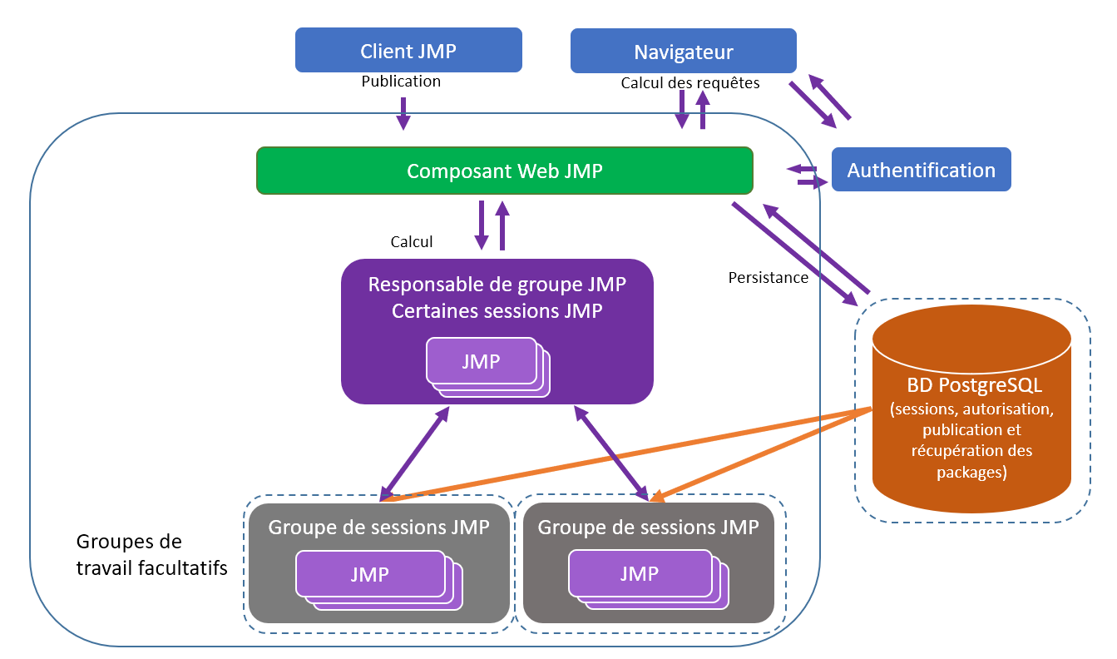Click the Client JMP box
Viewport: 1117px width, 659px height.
(408, 50)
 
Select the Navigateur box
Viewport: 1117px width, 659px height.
(683, 52)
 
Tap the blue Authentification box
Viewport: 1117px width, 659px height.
(921, 170)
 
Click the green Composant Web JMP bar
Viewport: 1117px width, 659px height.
(504, 171)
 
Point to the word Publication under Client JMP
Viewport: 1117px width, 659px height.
(401, 82)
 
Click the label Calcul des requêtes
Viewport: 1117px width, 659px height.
(689, 83)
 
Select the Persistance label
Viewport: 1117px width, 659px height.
(768, 278)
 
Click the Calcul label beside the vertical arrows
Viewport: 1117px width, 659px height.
(412, 242)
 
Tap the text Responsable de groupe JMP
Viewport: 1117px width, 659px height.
(497, 285)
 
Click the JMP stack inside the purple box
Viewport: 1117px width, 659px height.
(482, 361)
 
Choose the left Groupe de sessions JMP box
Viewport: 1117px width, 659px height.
(378, 527)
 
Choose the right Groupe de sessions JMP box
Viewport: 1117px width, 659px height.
(648, 527)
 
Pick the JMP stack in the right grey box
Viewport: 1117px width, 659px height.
(640, 573)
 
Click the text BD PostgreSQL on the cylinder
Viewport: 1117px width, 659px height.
(971, 386)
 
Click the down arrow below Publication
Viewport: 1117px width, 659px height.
(403, 113)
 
